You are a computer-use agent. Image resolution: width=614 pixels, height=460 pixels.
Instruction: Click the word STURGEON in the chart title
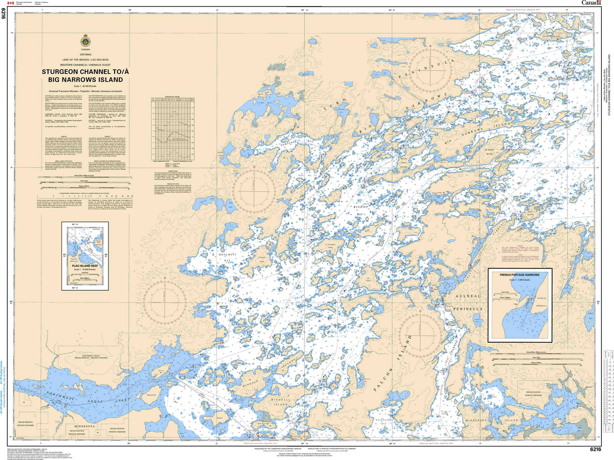[64, 72]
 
